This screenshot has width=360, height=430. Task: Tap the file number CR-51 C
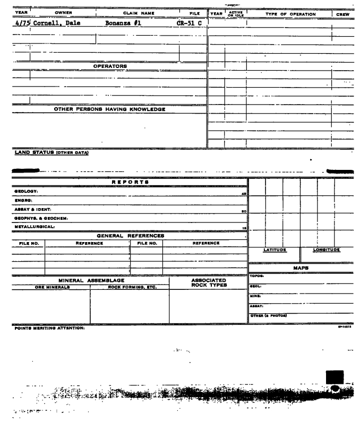[189, 23]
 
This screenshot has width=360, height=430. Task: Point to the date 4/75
[20, 23]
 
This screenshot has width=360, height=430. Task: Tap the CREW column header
[342, 14]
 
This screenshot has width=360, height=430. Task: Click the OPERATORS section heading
[110, 66]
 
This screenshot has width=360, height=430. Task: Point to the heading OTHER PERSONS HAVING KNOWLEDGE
[110, 109]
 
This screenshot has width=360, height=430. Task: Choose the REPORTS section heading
[130, 182]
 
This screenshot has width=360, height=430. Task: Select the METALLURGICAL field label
[31, 227]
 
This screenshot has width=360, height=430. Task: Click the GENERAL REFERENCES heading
[130, 235]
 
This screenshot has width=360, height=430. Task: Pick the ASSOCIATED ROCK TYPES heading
[208, 282]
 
